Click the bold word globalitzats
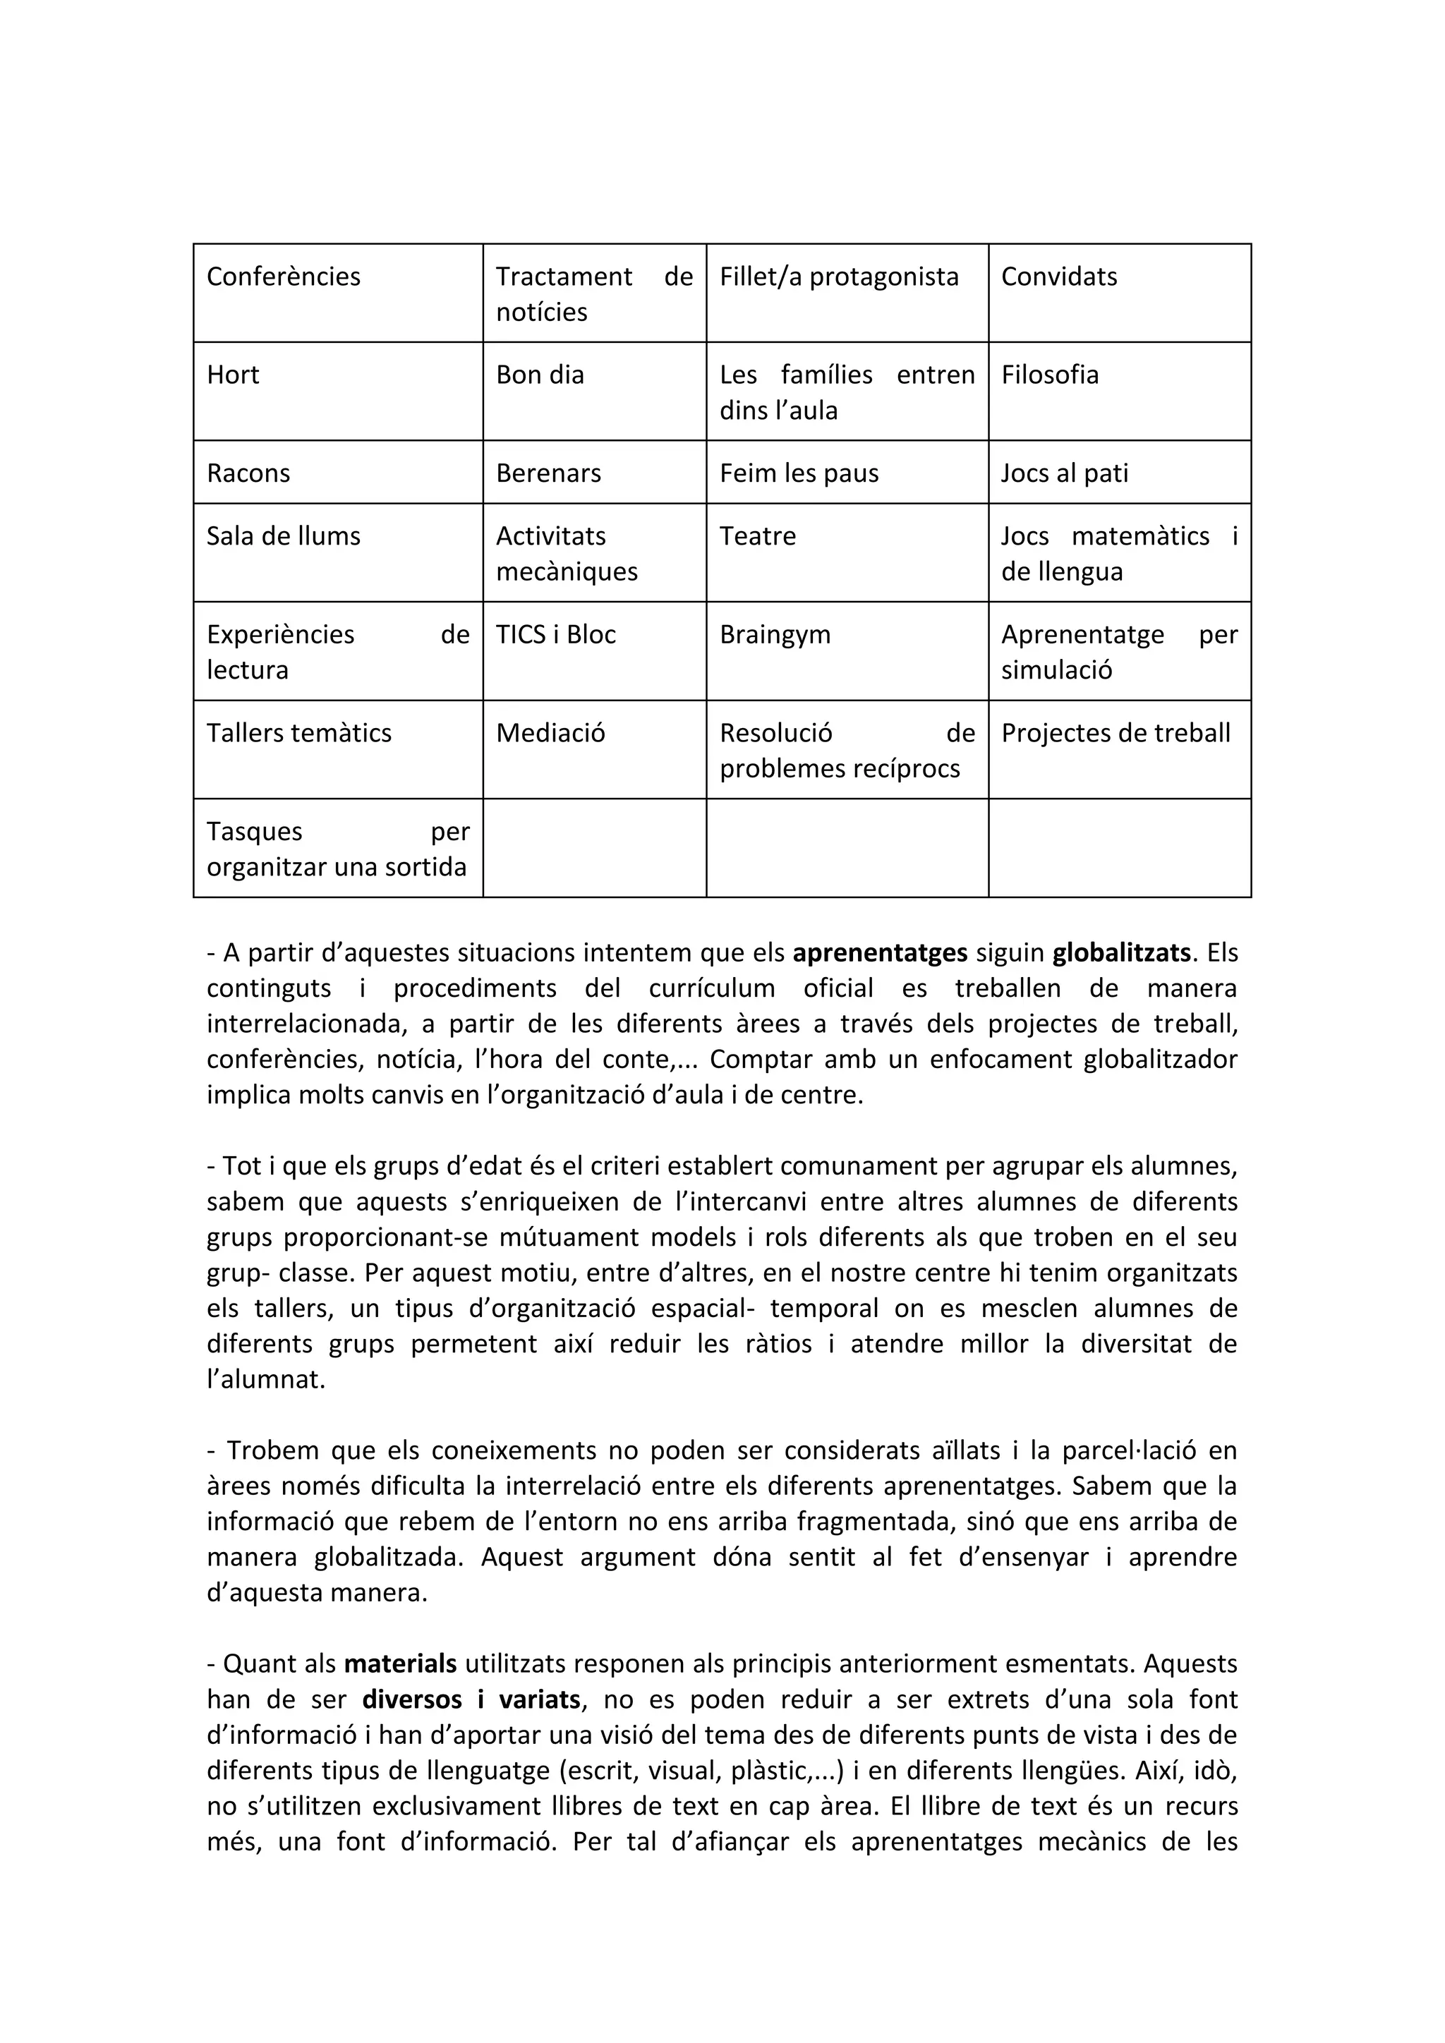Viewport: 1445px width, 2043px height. coord(1121,953)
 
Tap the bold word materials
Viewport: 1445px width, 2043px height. coord(400,1663)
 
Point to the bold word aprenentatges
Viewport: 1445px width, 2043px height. coord(880,953)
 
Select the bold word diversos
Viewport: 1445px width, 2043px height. coord(413,1699)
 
